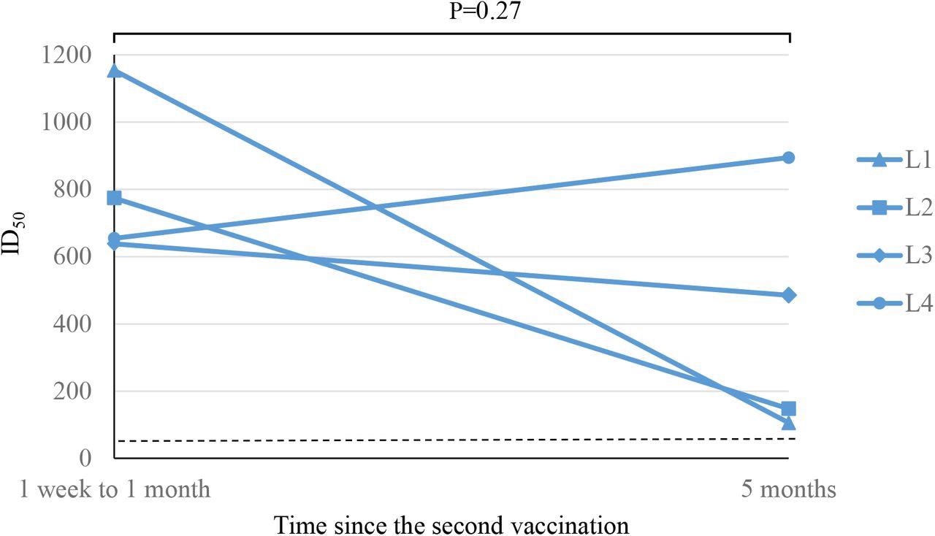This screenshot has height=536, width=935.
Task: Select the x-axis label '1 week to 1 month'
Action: click(115, 489)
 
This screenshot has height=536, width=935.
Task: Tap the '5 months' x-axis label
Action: click(788, 489)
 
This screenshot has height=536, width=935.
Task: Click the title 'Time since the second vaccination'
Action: click(451, 524)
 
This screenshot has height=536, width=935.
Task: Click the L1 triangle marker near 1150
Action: click(115, 71)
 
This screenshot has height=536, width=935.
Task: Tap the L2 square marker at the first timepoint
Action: click(115, 199)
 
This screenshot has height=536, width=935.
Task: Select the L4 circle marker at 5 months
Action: click(788, 158)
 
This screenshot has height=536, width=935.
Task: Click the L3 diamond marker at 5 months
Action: click(788, 296)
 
